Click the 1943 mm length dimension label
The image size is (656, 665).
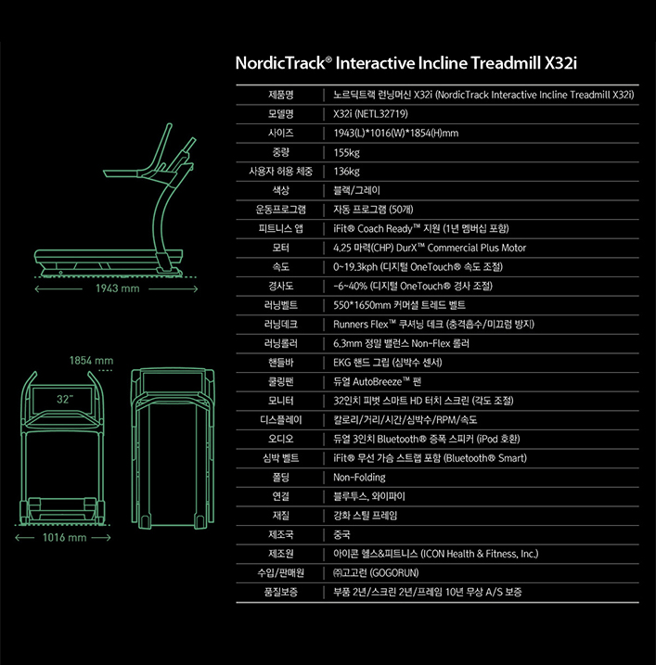pos(116,288)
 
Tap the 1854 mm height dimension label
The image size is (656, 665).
pos(90,360)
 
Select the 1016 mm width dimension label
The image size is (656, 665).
pos(64,537)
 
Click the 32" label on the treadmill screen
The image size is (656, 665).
pos(64,398)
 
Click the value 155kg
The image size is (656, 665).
pos(346,152)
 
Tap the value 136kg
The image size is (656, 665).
pos(346,172)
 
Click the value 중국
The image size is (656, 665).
pos(341,534)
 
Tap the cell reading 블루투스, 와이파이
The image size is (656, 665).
pos(368,496)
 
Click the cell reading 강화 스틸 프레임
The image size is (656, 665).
pos(369,515)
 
